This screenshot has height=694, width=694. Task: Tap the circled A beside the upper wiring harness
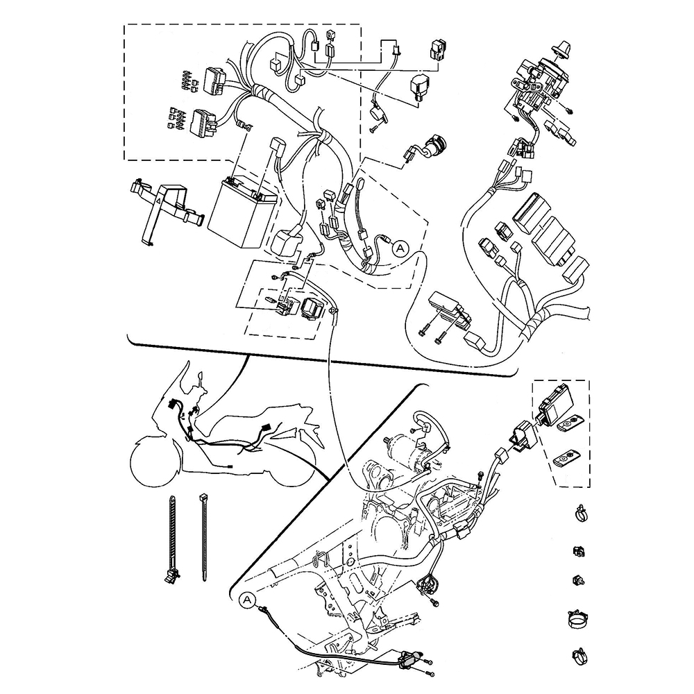400,248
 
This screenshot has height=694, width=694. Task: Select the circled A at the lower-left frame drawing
247,600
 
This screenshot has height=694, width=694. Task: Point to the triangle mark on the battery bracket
157,200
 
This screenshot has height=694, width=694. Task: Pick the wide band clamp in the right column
579,619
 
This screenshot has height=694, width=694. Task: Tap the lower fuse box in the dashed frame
203,121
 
